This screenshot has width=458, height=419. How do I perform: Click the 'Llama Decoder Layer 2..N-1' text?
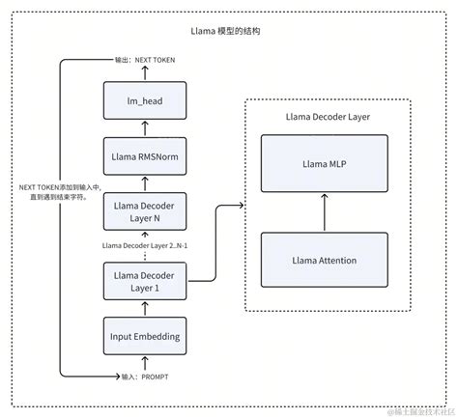tap(145, 245)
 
